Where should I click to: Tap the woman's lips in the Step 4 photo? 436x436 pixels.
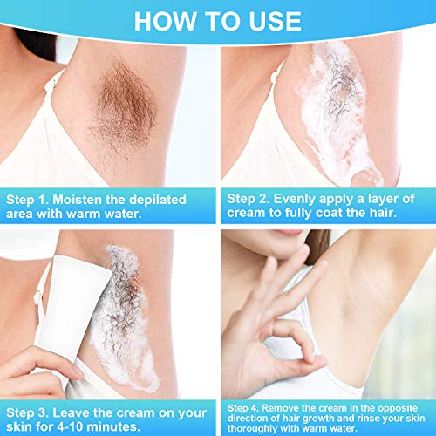(283, 235)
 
